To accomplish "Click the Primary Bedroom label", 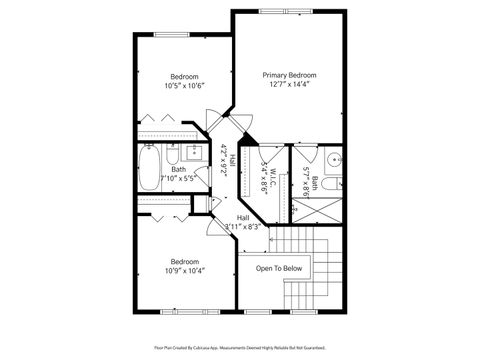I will tap(289, 75).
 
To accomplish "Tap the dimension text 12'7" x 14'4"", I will tap(289, 85).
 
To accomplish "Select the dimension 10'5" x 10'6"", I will tap(184, 86).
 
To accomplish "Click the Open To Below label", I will tap(279, 268).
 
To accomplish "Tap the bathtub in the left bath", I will tap(147, 169).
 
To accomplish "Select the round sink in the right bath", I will tap(331, 160).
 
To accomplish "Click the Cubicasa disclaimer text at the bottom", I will tap(240, 348).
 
